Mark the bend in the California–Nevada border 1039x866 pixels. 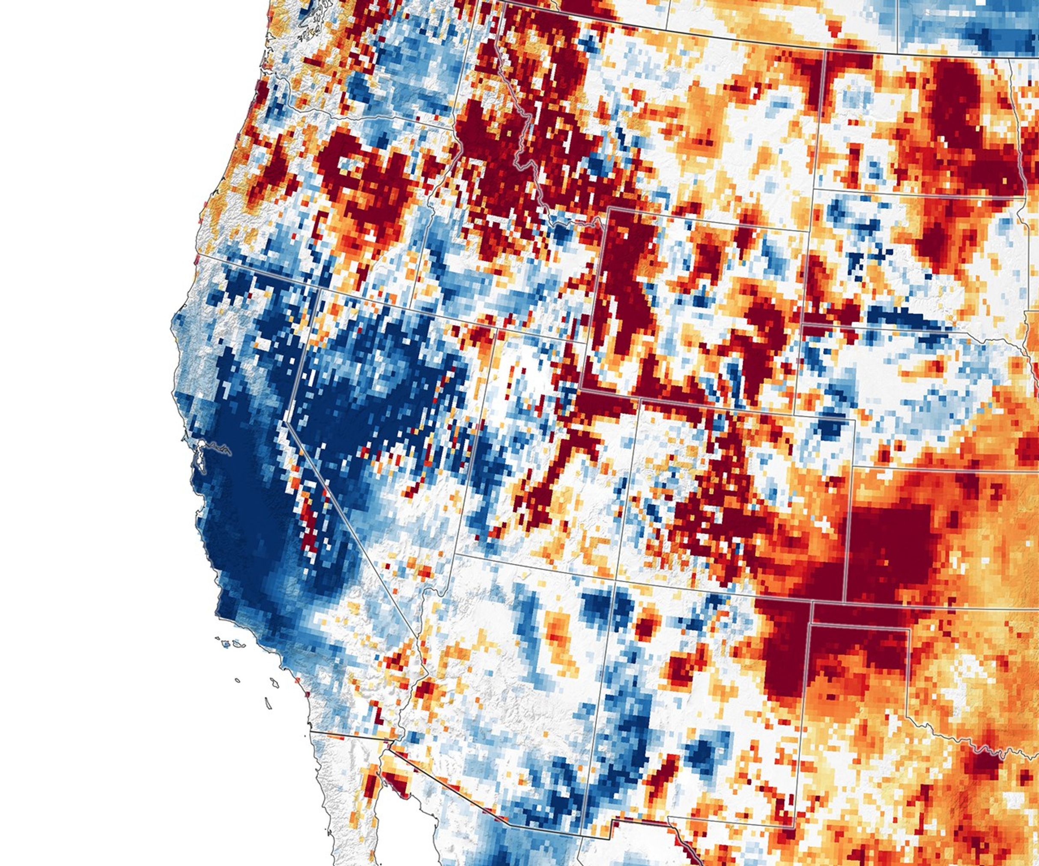coord(287,423)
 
